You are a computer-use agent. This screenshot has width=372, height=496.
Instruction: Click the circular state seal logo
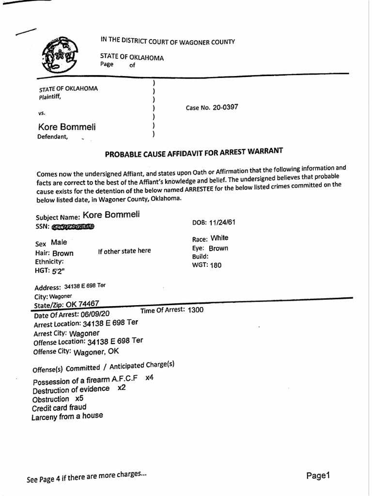click(x=59, y=54)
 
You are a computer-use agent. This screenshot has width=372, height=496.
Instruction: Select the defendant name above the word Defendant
click(x=67, y=127)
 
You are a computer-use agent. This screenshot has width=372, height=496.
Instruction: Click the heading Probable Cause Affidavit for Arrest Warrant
click(x=194, y=153)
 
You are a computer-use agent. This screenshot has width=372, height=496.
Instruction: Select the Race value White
click(x=219, y=238)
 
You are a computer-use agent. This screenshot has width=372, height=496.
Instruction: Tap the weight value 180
click(x=216, y=265)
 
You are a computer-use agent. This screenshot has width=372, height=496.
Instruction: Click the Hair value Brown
click(x=63, y=253)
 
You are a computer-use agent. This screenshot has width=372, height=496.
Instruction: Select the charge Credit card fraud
click(x=59, y=408)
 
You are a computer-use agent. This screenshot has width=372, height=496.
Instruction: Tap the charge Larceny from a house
click(x=67, y=416)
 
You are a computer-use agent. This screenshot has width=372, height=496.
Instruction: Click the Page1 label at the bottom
click(x=318, y=475)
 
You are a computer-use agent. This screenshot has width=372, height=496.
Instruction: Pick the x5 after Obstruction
click(x=79, y=398)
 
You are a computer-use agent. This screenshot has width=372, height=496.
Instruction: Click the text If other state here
click(x=124, y=250)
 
